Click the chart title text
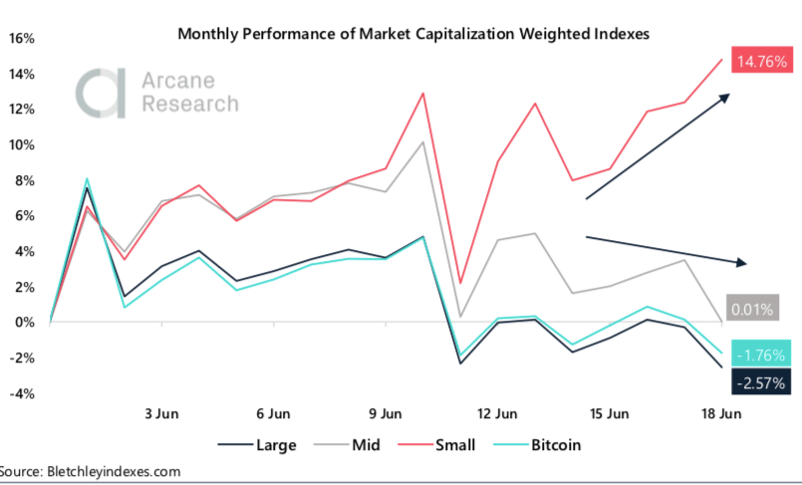click(412, 34)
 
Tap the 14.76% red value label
click(761, 62)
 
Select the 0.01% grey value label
click(752, 309)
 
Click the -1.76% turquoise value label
click(761, 354)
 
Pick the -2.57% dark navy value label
click(761, 382)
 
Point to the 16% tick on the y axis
click(22, 39)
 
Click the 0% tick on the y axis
click(26, 323)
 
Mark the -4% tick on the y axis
click(24, 393)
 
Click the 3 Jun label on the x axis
click(161, 413)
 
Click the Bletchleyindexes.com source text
click(116, 471)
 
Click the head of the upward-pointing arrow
click(726, 97)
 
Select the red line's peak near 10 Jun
click(424, 93)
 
